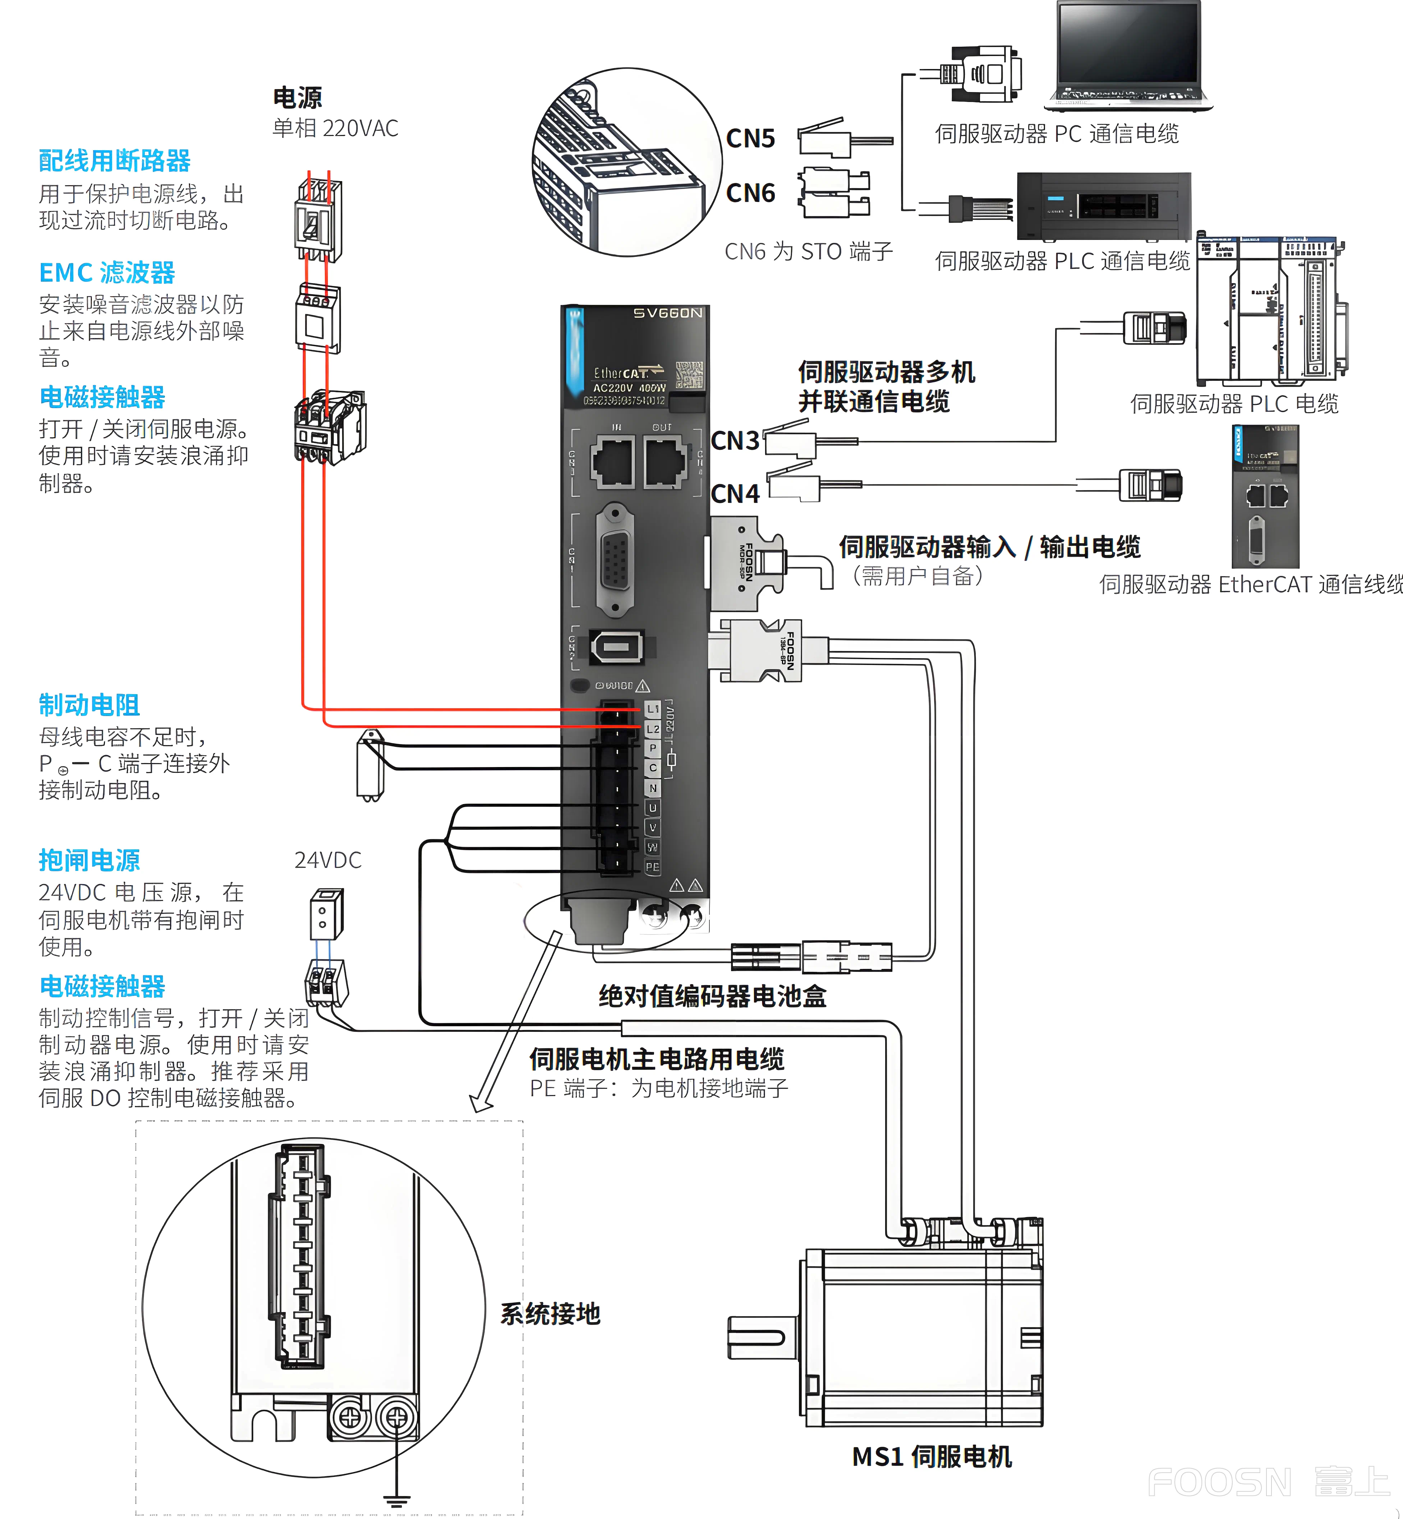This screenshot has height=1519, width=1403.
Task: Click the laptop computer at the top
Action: (x=1129, y=55)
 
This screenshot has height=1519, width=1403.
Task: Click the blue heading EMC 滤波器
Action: (x=107, y=273)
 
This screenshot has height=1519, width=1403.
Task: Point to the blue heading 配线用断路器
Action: (x=115, y=161)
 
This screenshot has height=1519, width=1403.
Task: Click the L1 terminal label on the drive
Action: (x=652, y=709)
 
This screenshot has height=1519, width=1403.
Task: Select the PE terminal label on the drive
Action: (x=652, y=866)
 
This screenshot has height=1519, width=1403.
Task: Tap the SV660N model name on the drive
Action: (x=667, y=313)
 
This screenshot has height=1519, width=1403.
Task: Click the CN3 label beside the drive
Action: (x=734, y=441)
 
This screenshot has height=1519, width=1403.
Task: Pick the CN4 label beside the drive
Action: (x=734, y=494)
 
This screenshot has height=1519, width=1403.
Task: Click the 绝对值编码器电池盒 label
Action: (x=712, y=996)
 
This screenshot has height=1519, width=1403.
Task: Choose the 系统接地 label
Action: (x=549, y=1313)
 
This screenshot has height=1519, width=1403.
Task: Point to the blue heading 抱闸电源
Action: (x=89, y=860)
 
